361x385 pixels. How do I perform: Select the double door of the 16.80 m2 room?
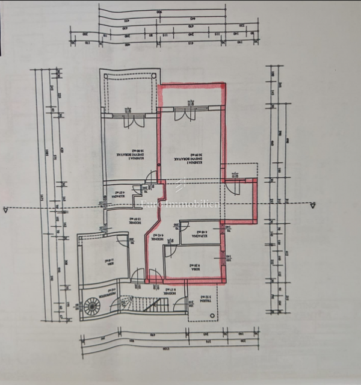click(x=132, y=118)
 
